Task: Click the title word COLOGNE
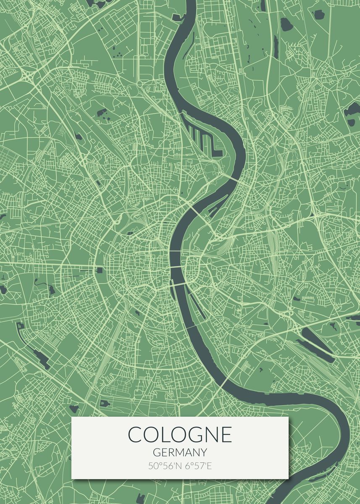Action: [x=180, y=434]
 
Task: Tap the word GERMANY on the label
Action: [x=180, y=452]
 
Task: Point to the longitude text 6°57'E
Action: [x=197, y=466]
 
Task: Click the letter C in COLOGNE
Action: [x=135, y=434]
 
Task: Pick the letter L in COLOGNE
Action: [x=165, y=434]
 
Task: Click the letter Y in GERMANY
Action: [x=204, y=452]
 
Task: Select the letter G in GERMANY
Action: [x=156, y=452]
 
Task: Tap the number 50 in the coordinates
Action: [x=152, y=466]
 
